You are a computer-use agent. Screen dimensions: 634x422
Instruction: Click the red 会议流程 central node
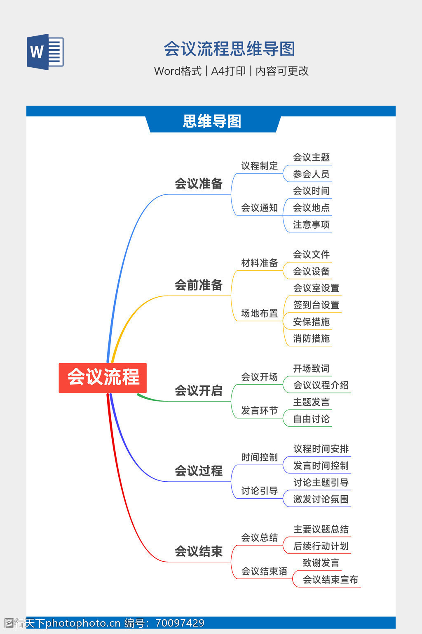coord(103,377)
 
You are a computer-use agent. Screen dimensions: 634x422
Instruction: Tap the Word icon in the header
coord(45,52)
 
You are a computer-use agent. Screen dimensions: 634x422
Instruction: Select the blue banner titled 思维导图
coord(212,121)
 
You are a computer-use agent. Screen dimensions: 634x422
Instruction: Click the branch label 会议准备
coord(199,184)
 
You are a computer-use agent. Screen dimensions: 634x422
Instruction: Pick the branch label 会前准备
coord(199,285)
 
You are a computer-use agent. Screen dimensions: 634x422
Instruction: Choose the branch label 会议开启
coord(199,390)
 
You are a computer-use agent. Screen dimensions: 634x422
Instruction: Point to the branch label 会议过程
coord(199,471)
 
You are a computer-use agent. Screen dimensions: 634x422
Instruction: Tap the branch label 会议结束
coord(199,551)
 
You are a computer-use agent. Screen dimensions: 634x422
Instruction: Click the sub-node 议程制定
coord(260,166)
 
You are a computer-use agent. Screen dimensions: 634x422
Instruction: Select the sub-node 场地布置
coord(260,313)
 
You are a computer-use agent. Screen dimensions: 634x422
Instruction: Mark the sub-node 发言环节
coord(260,410)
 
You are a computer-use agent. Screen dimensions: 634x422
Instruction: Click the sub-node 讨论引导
coord(260,491)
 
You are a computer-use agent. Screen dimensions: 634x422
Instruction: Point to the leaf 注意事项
coord(311,225)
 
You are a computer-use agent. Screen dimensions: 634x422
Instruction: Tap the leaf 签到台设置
coord(316,305)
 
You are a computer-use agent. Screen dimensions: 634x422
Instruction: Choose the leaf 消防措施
coord(311,338)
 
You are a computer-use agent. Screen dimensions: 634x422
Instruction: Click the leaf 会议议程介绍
coord(321,385)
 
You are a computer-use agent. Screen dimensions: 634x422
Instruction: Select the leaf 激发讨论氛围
coord(321,499)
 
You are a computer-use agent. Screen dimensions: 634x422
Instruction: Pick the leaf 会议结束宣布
coord(331,580)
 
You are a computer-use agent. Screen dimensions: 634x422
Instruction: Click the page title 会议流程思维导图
coord(230,49)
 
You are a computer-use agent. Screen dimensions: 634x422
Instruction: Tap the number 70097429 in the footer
coord(180,623)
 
